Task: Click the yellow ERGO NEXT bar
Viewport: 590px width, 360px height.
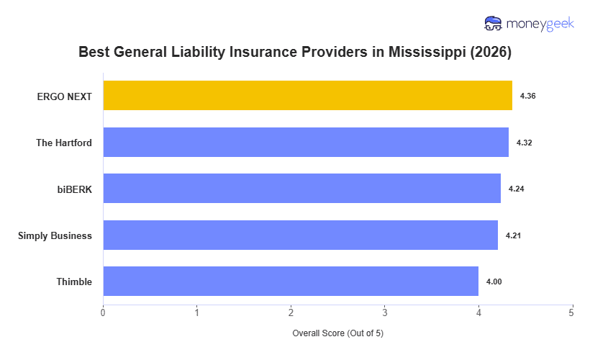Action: pos(307,96)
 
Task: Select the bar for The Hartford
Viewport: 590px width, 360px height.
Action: pos(306,143)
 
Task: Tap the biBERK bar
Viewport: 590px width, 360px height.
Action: pos(301,189)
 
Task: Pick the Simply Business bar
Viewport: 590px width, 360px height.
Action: pos(300,235)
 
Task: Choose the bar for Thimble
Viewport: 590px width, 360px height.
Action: pos(291,282)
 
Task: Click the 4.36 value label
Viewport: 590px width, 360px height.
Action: pos(527,96)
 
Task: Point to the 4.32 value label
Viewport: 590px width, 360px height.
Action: pos(524,143)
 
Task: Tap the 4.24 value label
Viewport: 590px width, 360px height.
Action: pos(516,189)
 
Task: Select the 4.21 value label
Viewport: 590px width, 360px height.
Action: pos(513,235)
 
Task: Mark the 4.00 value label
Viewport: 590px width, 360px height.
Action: pos(494,282)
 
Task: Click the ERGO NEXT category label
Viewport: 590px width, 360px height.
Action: pos(65,96)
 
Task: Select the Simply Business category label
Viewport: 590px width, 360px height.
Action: pos(55,235)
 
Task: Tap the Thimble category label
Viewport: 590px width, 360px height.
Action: pos(74,282)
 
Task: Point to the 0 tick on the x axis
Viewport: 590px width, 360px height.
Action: pos(103,312)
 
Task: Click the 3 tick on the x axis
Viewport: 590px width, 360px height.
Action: pos(384,312)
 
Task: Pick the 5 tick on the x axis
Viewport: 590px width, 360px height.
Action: pos(571,312)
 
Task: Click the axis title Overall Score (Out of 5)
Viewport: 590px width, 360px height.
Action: pos(337,334)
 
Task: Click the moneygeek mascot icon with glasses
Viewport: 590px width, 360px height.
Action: pos(494,24)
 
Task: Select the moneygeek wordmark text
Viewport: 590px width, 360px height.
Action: pos(540,24)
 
